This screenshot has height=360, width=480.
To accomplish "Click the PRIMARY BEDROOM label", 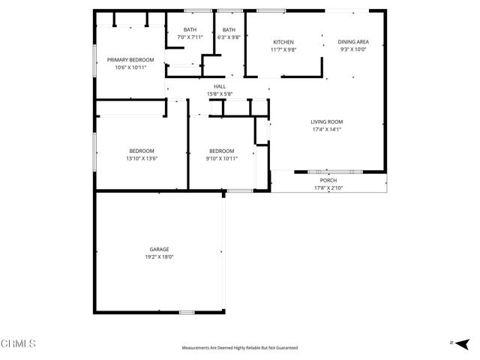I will pos(130,60).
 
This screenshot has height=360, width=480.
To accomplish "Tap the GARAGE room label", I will pos(159,249).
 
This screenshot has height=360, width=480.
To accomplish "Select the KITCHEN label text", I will pos(283,42).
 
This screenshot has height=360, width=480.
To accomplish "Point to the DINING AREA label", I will pos(353,42).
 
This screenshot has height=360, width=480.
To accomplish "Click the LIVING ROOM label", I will pos(327,121).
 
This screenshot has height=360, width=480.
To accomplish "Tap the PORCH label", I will pos(328,181).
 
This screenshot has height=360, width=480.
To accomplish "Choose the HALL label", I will pos(220,86).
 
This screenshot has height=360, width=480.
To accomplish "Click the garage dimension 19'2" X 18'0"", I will pos(159,256).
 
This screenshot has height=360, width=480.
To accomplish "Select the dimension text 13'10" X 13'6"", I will pos(142,158).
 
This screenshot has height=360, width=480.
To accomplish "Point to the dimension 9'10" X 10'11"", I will pos(221,158).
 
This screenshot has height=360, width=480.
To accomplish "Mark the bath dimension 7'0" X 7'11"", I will pos(190,37).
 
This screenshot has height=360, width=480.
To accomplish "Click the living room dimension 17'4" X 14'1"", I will pos(327,129).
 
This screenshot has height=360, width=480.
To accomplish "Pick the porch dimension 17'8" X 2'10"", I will pos(328,188).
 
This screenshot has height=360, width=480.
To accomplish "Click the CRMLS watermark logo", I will pos(18,343).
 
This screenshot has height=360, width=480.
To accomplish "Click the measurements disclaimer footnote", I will pos(240,348).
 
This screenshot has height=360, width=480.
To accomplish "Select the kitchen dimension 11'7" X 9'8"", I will pos(283,49).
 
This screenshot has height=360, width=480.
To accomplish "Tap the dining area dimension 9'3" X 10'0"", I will pos(353,49).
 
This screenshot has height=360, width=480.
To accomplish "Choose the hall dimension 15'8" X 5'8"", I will pos(220,94).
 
